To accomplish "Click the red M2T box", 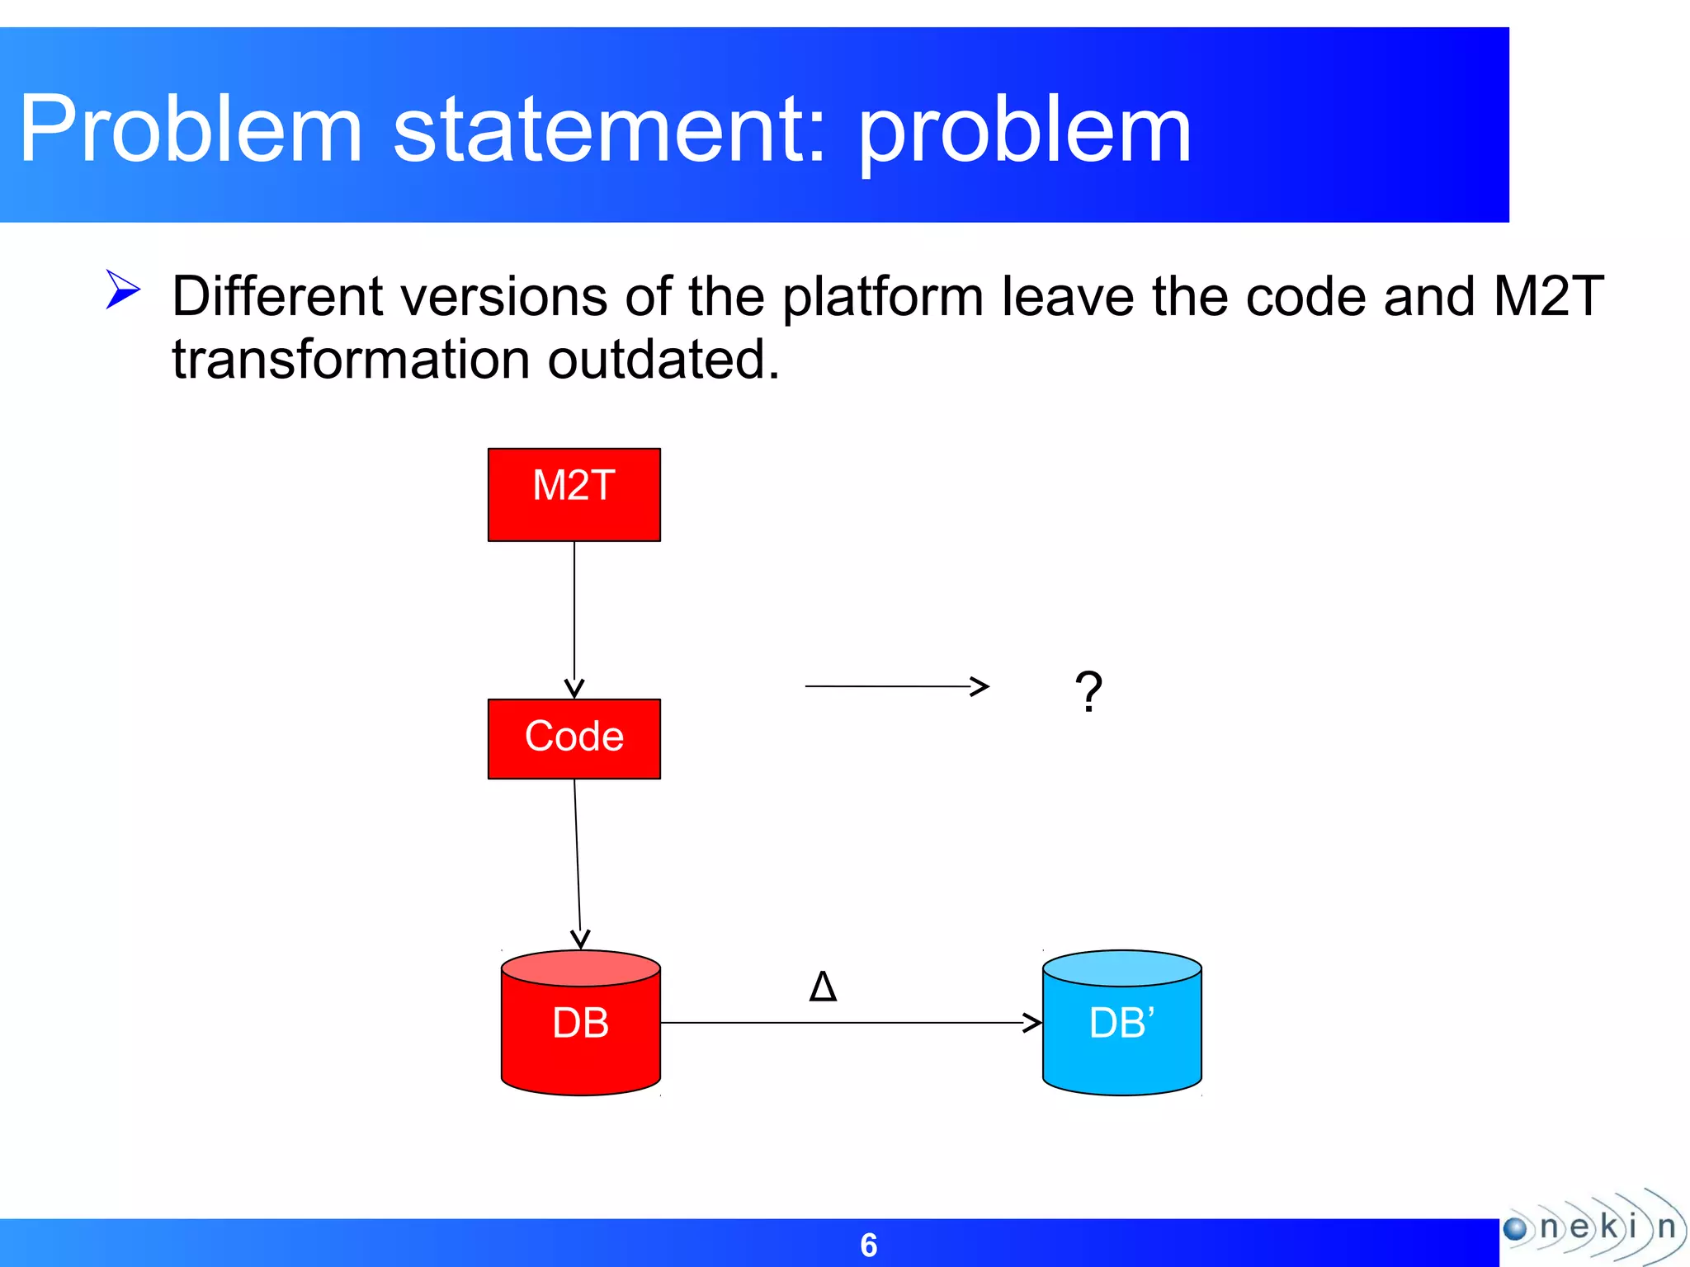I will (574, 494).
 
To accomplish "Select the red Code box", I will (574, 738).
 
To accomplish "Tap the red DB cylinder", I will (580, 1023).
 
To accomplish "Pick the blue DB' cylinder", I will (1121, 1023).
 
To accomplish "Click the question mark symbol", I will (1088, 691).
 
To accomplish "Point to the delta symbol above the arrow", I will (823, 987).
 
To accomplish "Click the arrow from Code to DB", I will (578, 862).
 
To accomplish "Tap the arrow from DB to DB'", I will (850, 1023).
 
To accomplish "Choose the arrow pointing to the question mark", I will (895, 686).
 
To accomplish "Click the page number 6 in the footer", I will (868, 1245).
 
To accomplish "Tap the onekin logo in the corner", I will (1593, 1227).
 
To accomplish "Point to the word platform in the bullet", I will (883, 296).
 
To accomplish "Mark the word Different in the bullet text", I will (277, 296).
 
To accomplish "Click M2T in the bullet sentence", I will (1548, 296).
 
